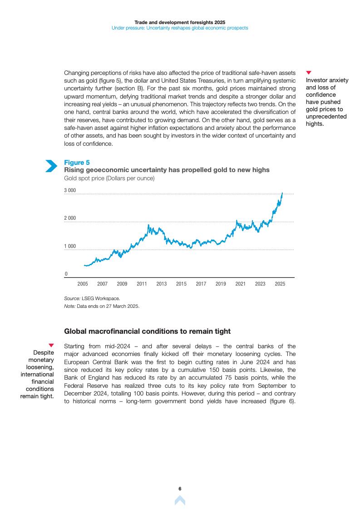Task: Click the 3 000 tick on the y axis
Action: (x=70, y=190)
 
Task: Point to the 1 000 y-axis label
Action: (x=70, y=247)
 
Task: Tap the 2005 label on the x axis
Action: (x=83, y=284)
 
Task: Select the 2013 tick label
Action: (x=162, y=284)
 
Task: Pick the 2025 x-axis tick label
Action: (x=280, y=284)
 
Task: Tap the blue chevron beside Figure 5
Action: (x=51, y=166)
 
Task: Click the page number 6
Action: (x=180, y=489)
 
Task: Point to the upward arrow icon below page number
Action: (x=180, y=500)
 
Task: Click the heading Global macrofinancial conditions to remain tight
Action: (x=148, y=331)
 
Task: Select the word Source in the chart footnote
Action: (x=72, y=298)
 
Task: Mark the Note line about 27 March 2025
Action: (x=102, y=306)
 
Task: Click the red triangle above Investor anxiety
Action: (x=309, y=73)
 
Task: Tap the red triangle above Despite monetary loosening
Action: (x=51, y=346)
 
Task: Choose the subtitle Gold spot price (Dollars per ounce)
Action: (x=109, y=178)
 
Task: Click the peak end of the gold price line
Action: (x=282, y=193)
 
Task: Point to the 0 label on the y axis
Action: (x=66, y=274)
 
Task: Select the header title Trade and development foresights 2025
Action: (x=180, y=22)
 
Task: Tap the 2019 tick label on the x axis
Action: (x=221, y=284)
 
